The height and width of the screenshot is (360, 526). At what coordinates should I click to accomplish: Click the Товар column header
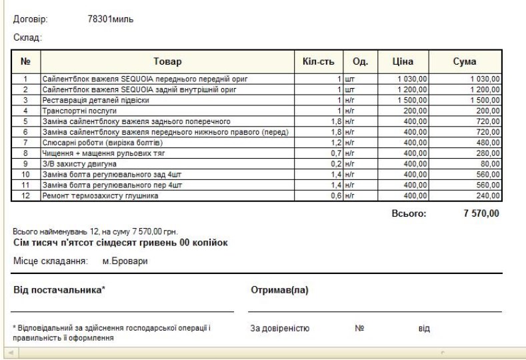click(167, 62)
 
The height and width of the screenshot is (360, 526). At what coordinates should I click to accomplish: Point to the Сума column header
click(465, 62)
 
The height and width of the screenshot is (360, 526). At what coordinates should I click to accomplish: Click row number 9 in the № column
click(25, 163)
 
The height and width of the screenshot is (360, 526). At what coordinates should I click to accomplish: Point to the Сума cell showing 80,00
click(491, 163)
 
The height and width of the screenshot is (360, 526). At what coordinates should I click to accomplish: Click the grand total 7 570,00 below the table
click(481, 214)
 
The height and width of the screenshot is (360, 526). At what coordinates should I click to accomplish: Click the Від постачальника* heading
click(61, 291)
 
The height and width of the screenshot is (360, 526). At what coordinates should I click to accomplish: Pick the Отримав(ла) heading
click(278, 291)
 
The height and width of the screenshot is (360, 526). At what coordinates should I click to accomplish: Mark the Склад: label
click(29, 39)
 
